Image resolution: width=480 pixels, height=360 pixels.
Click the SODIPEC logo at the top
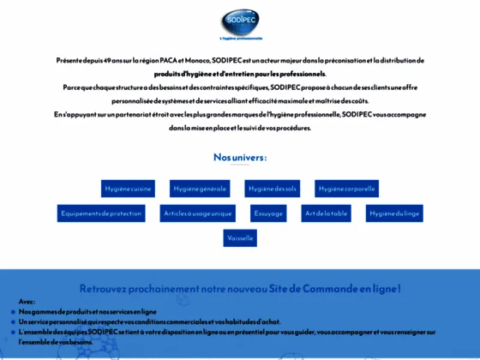(x=239, y=21)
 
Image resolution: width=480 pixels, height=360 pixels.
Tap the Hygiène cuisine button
(x=128, y=188)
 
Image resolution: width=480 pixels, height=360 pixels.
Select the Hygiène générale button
(x=199, y=188)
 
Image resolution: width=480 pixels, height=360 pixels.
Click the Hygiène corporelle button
(x=346, y=188)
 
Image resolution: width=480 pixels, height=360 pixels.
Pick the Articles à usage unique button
(x=198, y=213)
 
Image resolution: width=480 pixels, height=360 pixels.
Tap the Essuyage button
(x=267, y=213)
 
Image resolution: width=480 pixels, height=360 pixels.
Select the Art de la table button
(x=326, y=213)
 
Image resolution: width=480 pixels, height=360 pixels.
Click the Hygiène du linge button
(x=394, y=213)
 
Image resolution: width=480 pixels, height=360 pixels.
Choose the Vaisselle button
(x=240, y=237)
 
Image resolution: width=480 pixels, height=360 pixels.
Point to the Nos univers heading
(x=239, y=158)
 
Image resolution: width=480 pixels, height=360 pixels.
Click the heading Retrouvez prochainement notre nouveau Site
(x=240, y=289)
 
